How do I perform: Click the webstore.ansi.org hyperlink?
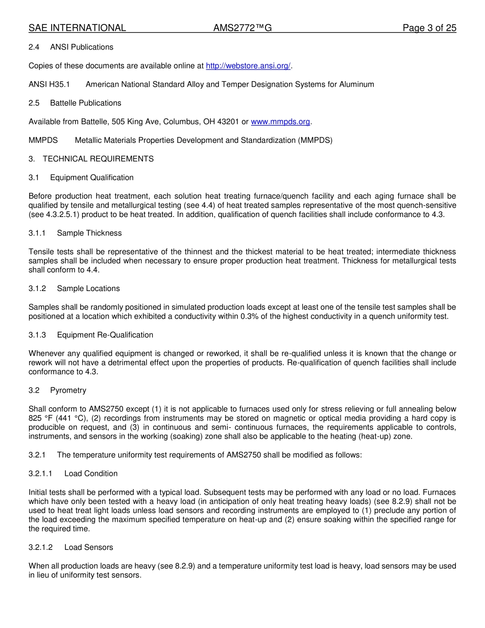(x=248, y=66)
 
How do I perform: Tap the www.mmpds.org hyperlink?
(x=280, y=122)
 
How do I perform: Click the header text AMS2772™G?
(x=243, y=28)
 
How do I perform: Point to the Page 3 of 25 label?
(x=429, y=28)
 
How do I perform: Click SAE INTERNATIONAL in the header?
(x=77, y=28)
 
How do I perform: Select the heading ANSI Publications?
(x=82, y=47)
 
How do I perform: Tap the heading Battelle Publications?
(x=86, y=103)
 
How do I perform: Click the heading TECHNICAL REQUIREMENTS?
(x=98, y=159)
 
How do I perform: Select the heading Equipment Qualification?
(x=92, y=178)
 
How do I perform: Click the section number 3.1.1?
(x=37, y=233)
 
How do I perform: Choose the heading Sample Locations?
(x=88, y=288)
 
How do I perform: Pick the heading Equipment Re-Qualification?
(x=105, y=335)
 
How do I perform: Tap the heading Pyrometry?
(x=68, y=391)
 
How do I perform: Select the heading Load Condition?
(x=91, y=474)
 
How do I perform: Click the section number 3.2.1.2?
(x=41, y=547)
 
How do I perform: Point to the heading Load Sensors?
(x=89, y=547)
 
